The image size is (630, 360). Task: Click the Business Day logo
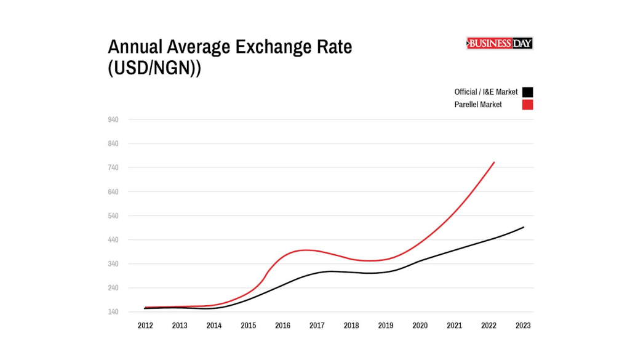[x=500, y=43]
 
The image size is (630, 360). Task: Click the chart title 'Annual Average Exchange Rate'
[x=230, y=47]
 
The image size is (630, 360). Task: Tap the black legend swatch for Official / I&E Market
[x=527, y=92]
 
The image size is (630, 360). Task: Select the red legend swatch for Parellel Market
[x=527, y=105]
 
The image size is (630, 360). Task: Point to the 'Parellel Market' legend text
[x=478, y=105]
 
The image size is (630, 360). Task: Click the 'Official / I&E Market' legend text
[x=486, y=92]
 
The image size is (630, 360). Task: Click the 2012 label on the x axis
[x=145, y=326]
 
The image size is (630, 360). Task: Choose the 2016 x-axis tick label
[x=282, y=326]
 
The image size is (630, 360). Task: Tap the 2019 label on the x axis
[x=385, y=326]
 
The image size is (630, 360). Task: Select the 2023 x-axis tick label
[x=522, y=326]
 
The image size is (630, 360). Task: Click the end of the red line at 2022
[x=494, y=162]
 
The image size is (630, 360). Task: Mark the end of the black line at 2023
[x=524, y=227]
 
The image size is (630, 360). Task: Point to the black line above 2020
[x=420, y=261]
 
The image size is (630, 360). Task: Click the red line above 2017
[x=317, y=250]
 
